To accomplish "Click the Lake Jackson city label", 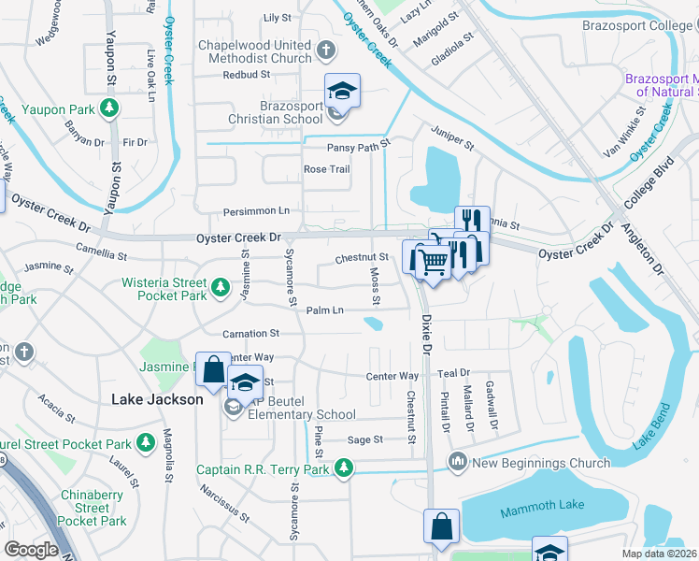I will coord(157,399).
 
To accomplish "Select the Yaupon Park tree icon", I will coord(109,109).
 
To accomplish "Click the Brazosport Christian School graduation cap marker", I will coord(342,93).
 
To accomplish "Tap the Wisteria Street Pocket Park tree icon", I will coord(220,288).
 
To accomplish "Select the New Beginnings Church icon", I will coord(458,461).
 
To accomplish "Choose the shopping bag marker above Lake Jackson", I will coord(213,369).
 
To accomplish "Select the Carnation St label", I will coord(250,333).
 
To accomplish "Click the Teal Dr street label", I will coord(452,374).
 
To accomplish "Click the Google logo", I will coord(31,550).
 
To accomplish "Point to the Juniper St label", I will coord(452,134).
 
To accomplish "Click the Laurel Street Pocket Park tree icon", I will coord(145,440).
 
